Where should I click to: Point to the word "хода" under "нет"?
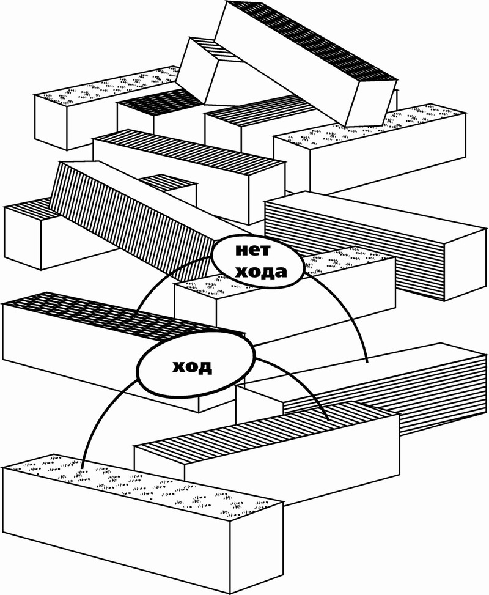coord(260,270)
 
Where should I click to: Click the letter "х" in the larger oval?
coord(177,367)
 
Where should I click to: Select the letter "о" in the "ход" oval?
coord(191,367)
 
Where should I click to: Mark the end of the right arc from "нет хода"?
coord(367,363)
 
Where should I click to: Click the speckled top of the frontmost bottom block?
coord(141,483)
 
